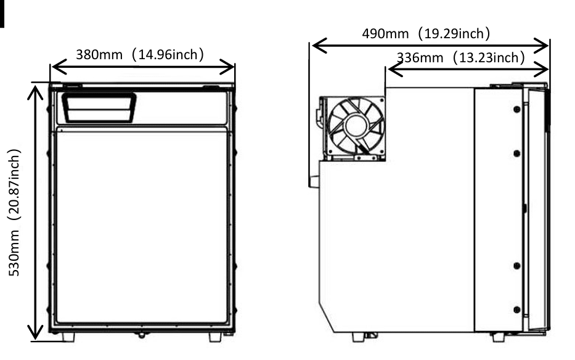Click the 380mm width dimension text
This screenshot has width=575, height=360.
[x=140, y=54]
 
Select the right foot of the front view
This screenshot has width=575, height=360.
[x=216, y=337]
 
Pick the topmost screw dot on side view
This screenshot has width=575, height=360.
[x=516, y=108]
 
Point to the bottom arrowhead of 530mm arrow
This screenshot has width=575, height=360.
[x=36, y=333]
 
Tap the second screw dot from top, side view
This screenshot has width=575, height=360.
[x=516, y=153]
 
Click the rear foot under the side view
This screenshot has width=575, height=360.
[x=358, y=337]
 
